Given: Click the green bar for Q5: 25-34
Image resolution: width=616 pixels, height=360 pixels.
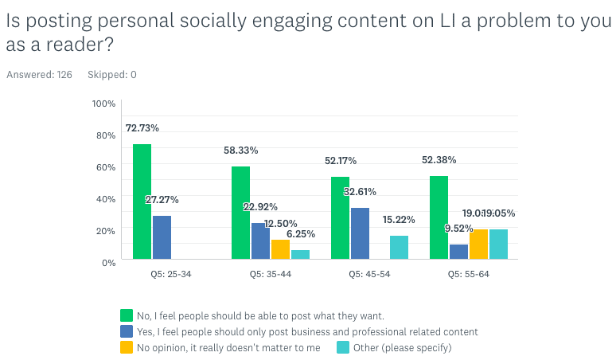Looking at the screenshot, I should [x=142, y=202].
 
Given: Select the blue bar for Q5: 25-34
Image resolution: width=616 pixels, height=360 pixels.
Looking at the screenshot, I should [x=162, y=237].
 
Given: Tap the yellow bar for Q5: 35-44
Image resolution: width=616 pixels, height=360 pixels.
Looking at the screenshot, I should [x=280, y=249].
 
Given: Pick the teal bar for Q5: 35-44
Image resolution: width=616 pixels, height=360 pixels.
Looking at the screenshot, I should [x=300, y=254].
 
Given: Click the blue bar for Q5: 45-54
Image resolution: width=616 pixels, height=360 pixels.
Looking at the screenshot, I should [x=360, y=233].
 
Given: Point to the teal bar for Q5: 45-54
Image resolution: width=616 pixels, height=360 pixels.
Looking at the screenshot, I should [x=399, y=247].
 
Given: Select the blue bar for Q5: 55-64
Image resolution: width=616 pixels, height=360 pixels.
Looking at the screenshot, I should [x=458, y=252].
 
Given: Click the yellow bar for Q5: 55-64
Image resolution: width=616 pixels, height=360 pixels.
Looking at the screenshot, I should [x=478, y=244].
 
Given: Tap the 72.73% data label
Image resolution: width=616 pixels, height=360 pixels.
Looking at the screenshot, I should [x=142, y=128].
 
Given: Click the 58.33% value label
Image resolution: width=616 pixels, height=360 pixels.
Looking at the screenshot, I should [x=241, y=150].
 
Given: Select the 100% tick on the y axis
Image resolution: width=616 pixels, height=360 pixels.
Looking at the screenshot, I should [x=103, y=104].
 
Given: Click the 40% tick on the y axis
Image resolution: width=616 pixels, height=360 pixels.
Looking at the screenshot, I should [x=106, y=198].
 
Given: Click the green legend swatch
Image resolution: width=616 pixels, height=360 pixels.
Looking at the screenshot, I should [x=126, y=315].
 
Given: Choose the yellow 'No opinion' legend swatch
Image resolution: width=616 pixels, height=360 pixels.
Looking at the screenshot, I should [x=126, y=347].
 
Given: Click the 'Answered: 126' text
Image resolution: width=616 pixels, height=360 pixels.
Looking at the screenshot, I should [x=37, y=75].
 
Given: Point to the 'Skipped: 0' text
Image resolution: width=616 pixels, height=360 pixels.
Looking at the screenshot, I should [x=111, y=75].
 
